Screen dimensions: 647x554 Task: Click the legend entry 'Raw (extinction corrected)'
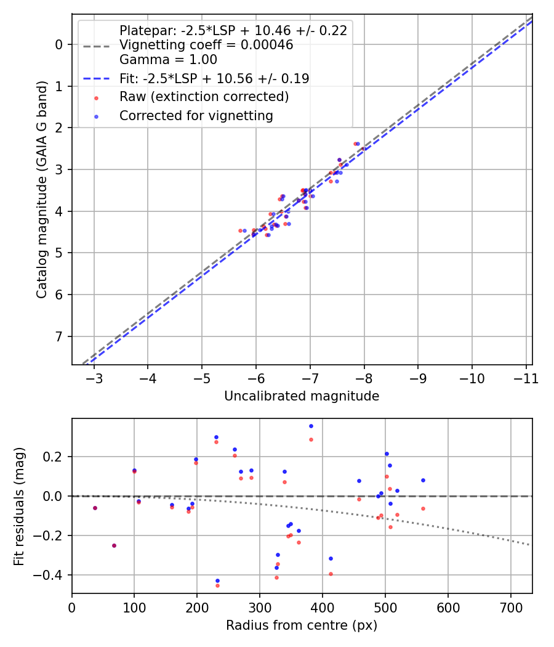pos(204,97)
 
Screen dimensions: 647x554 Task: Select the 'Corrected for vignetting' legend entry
pos(196,115)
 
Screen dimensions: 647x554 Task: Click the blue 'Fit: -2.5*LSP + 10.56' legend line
pos(96,79)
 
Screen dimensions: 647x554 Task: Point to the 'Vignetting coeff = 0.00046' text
pos(206,45)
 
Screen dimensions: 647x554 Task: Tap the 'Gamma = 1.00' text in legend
pos(168,60)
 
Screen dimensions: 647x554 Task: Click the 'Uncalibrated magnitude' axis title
pos(302,396)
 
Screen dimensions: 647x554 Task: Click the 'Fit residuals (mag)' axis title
pos(20,505)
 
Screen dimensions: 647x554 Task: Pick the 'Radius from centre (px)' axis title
pos(302,625)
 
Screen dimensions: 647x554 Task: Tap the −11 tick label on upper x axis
pos(525,378)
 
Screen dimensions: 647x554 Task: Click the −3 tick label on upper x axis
pos(94,378)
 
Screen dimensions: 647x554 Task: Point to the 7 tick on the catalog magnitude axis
pos(59,336)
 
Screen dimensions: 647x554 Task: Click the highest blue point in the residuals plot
pos(311,426)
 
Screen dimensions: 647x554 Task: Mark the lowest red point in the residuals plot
pos(217,585)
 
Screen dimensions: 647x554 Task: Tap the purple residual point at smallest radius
pos(95,508)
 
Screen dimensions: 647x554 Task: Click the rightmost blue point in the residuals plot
pos(423,480)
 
